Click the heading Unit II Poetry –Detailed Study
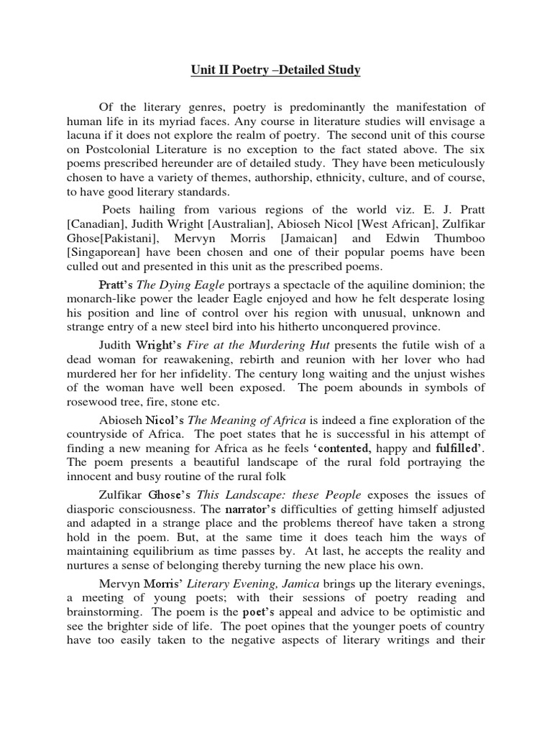click(275, 70)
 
